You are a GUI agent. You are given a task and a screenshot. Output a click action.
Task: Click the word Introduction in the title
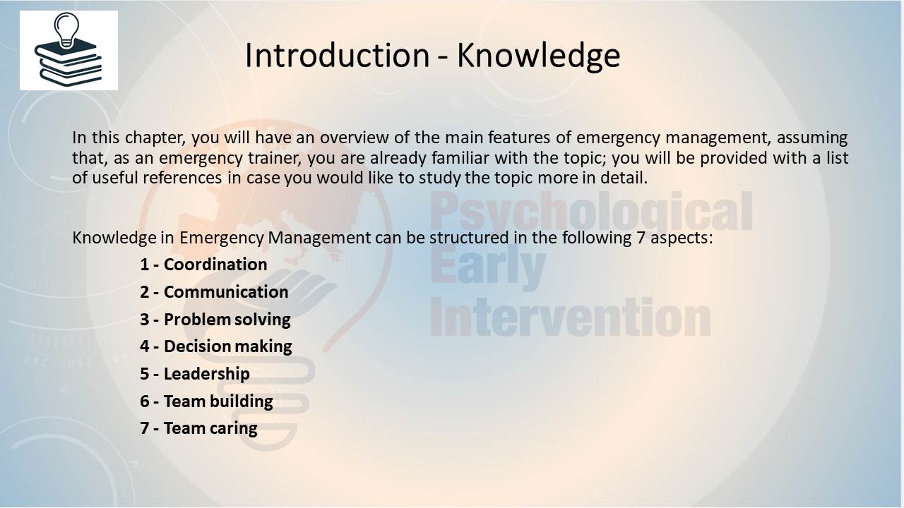[x=338, y=55]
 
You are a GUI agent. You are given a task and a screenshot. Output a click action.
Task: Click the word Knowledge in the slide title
[x=538, y=56]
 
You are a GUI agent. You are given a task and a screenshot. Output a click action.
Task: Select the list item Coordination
[x=203, y=265]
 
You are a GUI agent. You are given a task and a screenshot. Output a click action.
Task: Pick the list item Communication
[x=214, y=292]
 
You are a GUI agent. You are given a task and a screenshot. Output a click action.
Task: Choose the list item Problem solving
[x=215, y=320]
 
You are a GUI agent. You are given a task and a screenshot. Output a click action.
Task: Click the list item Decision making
[x=216, y=346]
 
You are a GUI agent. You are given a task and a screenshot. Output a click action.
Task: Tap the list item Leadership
[x=194, y=374]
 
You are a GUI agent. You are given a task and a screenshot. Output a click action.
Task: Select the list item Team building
[x=206, y=401]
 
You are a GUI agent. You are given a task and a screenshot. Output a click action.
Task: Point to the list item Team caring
[x=198, y=428]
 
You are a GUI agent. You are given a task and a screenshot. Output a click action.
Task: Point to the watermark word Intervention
[x=570, y=317]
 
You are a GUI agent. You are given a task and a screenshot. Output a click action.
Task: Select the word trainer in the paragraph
[x=275, y=157]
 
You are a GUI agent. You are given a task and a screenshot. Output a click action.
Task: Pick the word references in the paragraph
[x=182, y=178]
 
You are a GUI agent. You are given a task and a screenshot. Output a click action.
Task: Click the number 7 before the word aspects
[x=641, y=238]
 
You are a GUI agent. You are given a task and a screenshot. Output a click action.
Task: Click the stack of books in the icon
[x=68, y=63]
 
